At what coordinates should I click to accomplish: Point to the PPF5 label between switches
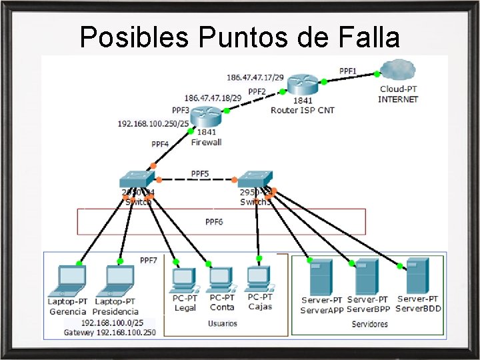tap(200, 173)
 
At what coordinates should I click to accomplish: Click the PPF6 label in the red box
tap(214, 221)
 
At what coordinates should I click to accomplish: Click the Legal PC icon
tap(184, 281)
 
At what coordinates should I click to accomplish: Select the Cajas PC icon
tap(259, 279)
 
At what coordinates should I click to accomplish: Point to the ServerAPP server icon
tap(321, 277)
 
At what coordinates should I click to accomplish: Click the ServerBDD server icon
tap(418, 275)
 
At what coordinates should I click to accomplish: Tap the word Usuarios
tap(222, 323)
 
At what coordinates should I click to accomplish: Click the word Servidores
tap(369, 324)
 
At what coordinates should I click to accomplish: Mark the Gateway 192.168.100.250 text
tap(109, 332)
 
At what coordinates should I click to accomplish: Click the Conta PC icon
tap(221, 281)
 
